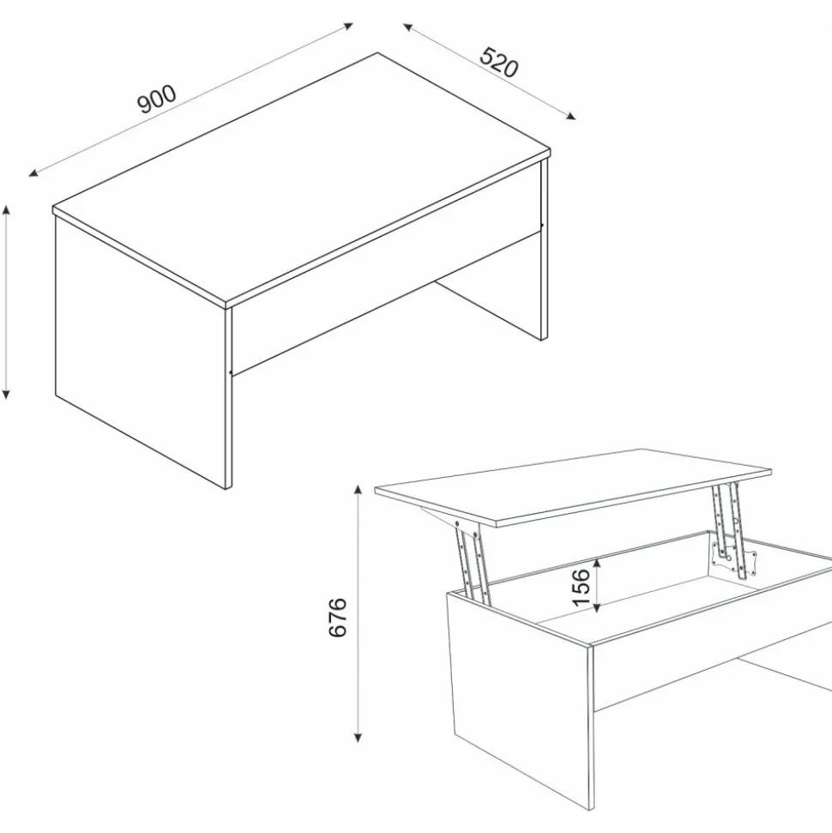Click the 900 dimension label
coord(157,99)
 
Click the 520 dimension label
coord(498,62)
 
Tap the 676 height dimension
coord(338,617)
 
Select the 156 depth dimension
coord(582,587)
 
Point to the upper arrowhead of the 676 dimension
coord(358,489)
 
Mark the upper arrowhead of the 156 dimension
coord(597,562)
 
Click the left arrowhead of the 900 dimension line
coord(33,172)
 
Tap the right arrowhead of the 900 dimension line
coord(347,25)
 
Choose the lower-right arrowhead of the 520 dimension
coord(570,116)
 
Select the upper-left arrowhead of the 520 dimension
coord(408,27)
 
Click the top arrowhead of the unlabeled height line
coord(6,210)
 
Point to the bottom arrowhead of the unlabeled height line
coord(6,393)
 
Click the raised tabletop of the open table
coord(573,487)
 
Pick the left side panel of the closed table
coord(141,352)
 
